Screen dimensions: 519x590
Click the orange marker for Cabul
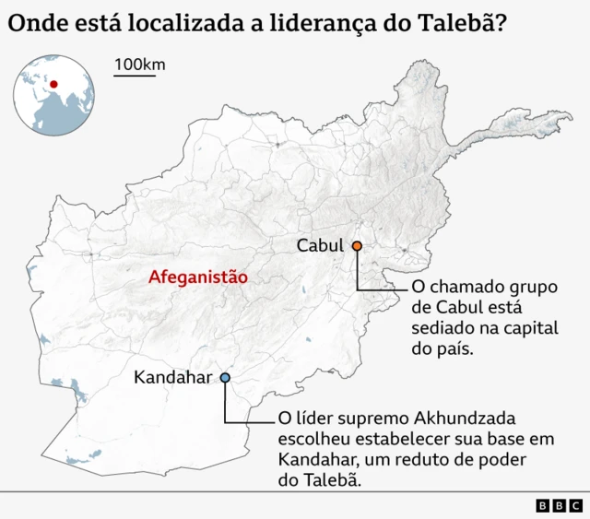356,245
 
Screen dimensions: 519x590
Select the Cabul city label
319,245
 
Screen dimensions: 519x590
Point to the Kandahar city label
172,377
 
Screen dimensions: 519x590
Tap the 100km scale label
140,65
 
